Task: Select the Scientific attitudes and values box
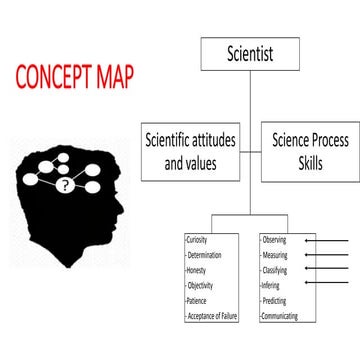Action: coord(189,151)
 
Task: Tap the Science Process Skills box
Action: coord(309,151)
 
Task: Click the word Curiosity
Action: coord(199,241)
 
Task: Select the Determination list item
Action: coord(206,256)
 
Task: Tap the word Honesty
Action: coord(198,271)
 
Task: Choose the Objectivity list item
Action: coord(201,286)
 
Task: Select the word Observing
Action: coord(274,241)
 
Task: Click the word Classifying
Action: coord(275,271)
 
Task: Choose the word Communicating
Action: coord(280,316)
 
